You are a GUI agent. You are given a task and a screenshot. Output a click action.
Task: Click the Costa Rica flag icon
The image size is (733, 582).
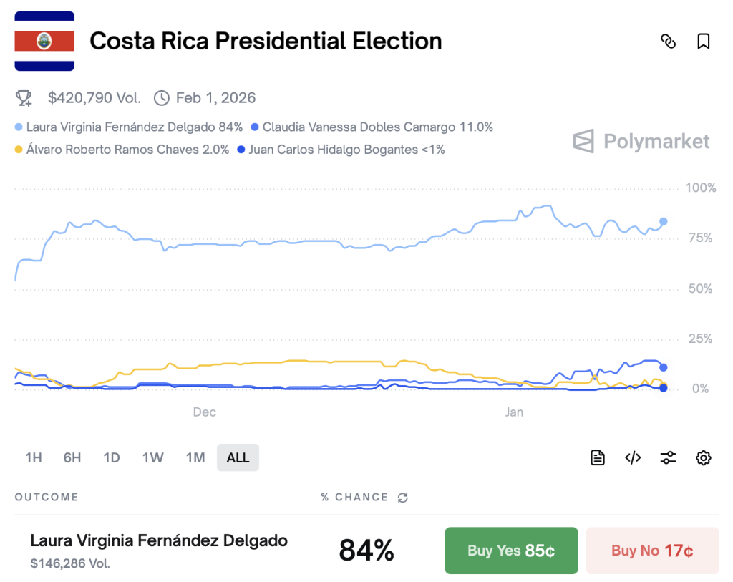(44, 42)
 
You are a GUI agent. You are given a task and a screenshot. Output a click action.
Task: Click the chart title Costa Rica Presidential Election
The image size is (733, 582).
(266, 42)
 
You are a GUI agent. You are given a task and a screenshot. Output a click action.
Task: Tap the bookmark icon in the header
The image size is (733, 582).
(704, 42)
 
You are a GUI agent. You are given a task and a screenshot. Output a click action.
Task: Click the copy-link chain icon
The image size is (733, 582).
(668, 42)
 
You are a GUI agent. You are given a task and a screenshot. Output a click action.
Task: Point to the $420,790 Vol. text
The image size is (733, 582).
(94, 97)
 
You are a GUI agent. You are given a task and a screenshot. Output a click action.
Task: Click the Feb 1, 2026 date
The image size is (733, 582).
(215, 97)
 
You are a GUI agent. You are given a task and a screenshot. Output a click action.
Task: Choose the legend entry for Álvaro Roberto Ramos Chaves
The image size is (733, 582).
(127, 150)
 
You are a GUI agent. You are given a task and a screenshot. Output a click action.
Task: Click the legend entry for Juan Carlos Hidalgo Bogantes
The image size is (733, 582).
(346, 150)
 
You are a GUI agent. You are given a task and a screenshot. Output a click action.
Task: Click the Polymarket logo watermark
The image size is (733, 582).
(641, 141)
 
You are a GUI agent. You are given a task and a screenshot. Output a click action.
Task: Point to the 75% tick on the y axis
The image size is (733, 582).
(699, 238)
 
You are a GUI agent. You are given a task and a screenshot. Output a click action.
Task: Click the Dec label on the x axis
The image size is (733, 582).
(204, 412)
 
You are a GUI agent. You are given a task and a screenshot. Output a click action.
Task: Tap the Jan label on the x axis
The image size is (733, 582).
(514, 412)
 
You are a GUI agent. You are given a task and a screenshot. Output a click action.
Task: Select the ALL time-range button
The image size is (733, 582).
(238, 457)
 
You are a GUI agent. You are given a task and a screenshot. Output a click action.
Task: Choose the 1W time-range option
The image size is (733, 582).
(152, 457)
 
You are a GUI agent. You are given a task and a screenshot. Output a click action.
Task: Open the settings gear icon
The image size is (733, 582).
(704, 457)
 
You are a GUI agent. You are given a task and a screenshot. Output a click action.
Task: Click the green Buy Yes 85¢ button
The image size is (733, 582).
(511, 551)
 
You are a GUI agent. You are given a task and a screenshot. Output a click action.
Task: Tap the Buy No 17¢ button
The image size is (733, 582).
(652, 551)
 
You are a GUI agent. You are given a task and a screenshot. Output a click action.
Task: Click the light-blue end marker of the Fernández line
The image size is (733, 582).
(664, 221)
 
